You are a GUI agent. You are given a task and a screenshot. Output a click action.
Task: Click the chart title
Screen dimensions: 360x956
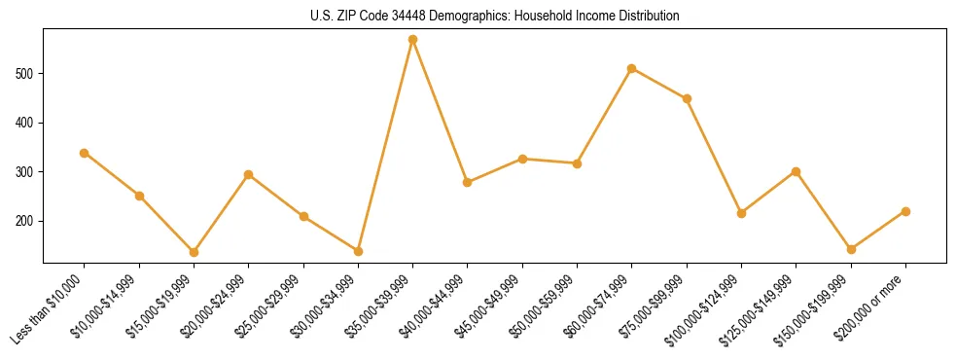coord(495,17)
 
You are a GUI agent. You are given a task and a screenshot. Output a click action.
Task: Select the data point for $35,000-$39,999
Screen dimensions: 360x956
coord(413,40)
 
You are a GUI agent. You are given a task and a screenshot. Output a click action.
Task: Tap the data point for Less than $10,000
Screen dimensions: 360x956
coord(85,153)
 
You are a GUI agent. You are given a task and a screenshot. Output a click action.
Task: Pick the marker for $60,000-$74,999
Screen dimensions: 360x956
coord(632,68)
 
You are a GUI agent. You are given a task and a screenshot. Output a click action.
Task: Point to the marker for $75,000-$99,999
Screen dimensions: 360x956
coord(687,98)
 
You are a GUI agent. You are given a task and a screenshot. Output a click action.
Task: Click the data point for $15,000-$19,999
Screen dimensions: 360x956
coord(194,252)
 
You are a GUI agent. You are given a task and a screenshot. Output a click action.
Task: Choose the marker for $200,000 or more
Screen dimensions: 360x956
coord(905,211)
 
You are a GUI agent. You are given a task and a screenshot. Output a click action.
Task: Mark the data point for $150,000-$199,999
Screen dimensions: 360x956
coord(851,249)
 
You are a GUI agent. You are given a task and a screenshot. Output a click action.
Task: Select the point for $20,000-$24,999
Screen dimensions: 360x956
coord(249,174)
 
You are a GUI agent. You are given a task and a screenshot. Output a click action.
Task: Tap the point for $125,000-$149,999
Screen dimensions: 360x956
coord(797,171)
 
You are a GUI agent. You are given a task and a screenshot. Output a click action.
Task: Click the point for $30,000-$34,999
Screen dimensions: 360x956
coord(358,251)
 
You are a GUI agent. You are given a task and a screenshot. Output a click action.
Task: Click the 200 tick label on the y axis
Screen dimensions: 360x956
coord(26,221)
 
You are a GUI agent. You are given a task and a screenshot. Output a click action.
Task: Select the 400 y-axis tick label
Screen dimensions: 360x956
coord(26,123)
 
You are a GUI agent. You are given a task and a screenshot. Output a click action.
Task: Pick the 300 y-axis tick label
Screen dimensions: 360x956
coord(26,172)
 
